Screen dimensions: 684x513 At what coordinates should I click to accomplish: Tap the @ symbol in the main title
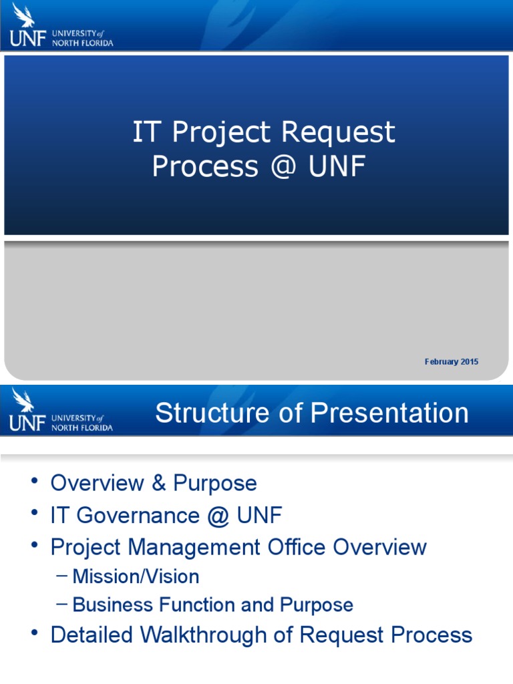(283, 167)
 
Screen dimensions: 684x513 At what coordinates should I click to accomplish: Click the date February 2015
(451, 362)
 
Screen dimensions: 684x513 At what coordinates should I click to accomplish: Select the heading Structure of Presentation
(312, 413)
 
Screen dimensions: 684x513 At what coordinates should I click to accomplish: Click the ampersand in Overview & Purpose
(159, 484)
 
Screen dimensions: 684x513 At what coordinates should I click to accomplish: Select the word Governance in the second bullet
(152, 515)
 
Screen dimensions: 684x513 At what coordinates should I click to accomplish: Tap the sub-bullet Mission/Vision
(136, 576)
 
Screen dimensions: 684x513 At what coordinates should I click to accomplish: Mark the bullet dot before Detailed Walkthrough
(35, 635)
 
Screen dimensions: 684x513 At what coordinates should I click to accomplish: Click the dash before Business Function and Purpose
(62, 605)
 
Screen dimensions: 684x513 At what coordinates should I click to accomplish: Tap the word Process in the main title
(204, 167)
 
